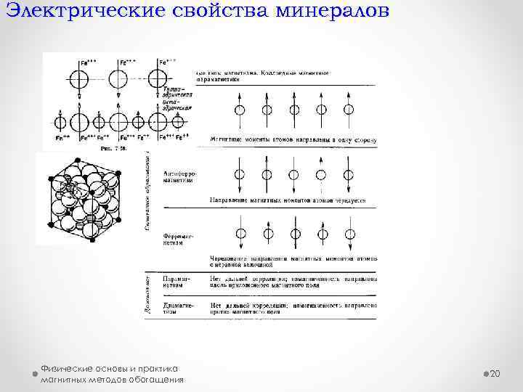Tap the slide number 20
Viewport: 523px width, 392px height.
coord(497,373)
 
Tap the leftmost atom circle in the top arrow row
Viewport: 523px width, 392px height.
coord(239,110)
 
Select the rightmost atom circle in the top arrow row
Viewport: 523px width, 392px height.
coord(349,110)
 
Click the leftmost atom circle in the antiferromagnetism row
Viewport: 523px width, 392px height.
coord(239,174)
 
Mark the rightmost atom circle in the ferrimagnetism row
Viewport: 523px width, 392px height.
coord(349,234)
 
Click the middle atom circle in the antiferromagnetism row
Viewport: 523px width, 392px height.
coord(294,174)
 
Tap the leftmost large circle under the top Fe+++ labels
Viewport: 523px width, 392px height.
coord(78,81)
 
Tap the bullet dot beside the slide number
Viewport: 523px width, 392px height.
coord(485,373)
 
